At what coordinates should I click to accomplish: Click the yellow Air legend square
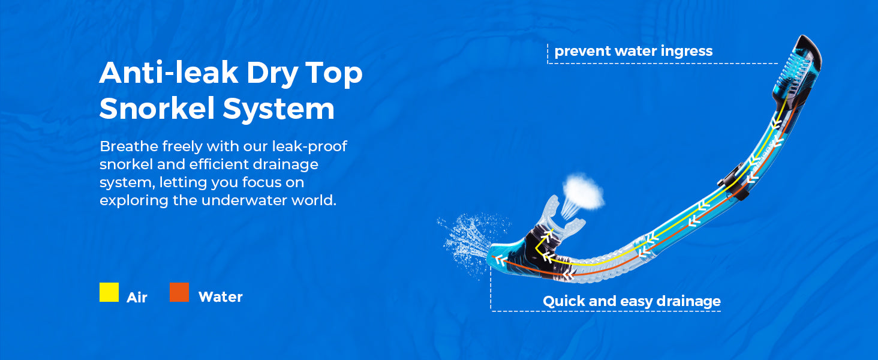109,292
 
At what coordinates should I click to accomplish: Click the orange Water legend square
179,292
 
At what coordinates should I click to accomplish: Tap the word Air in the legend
137,298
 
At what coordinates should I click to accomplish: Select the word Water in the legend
221,297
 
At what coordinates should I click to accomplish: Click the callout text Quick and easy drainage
632,301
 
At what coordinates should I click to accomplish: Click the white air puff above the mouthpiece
584,191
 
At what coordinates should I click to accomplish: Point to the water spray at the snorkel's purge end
473,242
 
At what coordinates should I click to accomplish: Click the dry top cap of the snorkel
798,71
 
